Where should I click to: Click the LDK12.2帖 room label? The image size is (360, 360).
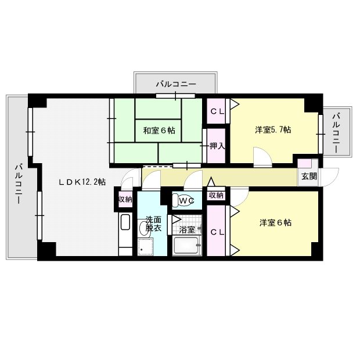point(82,182)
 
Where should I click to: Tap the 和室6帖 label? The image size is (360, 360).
point(159,131)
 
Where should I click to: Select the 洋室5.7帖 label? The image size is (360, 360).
point(272,130)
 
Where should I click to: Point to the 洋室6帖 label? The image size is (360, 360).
point(275,222)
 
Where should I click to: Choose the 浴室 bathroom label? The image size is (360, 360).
point(187,230)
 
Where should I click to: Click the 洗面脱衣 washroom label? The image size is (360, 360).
point(153,224)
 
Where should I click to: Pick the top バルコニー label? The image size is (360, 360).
point(175,85)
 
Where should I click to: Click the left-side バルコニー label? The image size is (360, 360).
point(18,183)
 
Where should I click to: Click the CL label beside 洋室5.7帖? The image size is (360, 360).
point(217,111)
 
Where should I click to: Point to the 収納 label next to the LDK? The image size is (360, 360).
point(125,200)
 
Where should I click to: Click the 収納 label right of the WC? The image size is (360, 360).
point(216,196)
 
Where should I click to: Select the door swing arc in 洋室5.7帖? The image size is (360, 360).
point(260,155)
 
